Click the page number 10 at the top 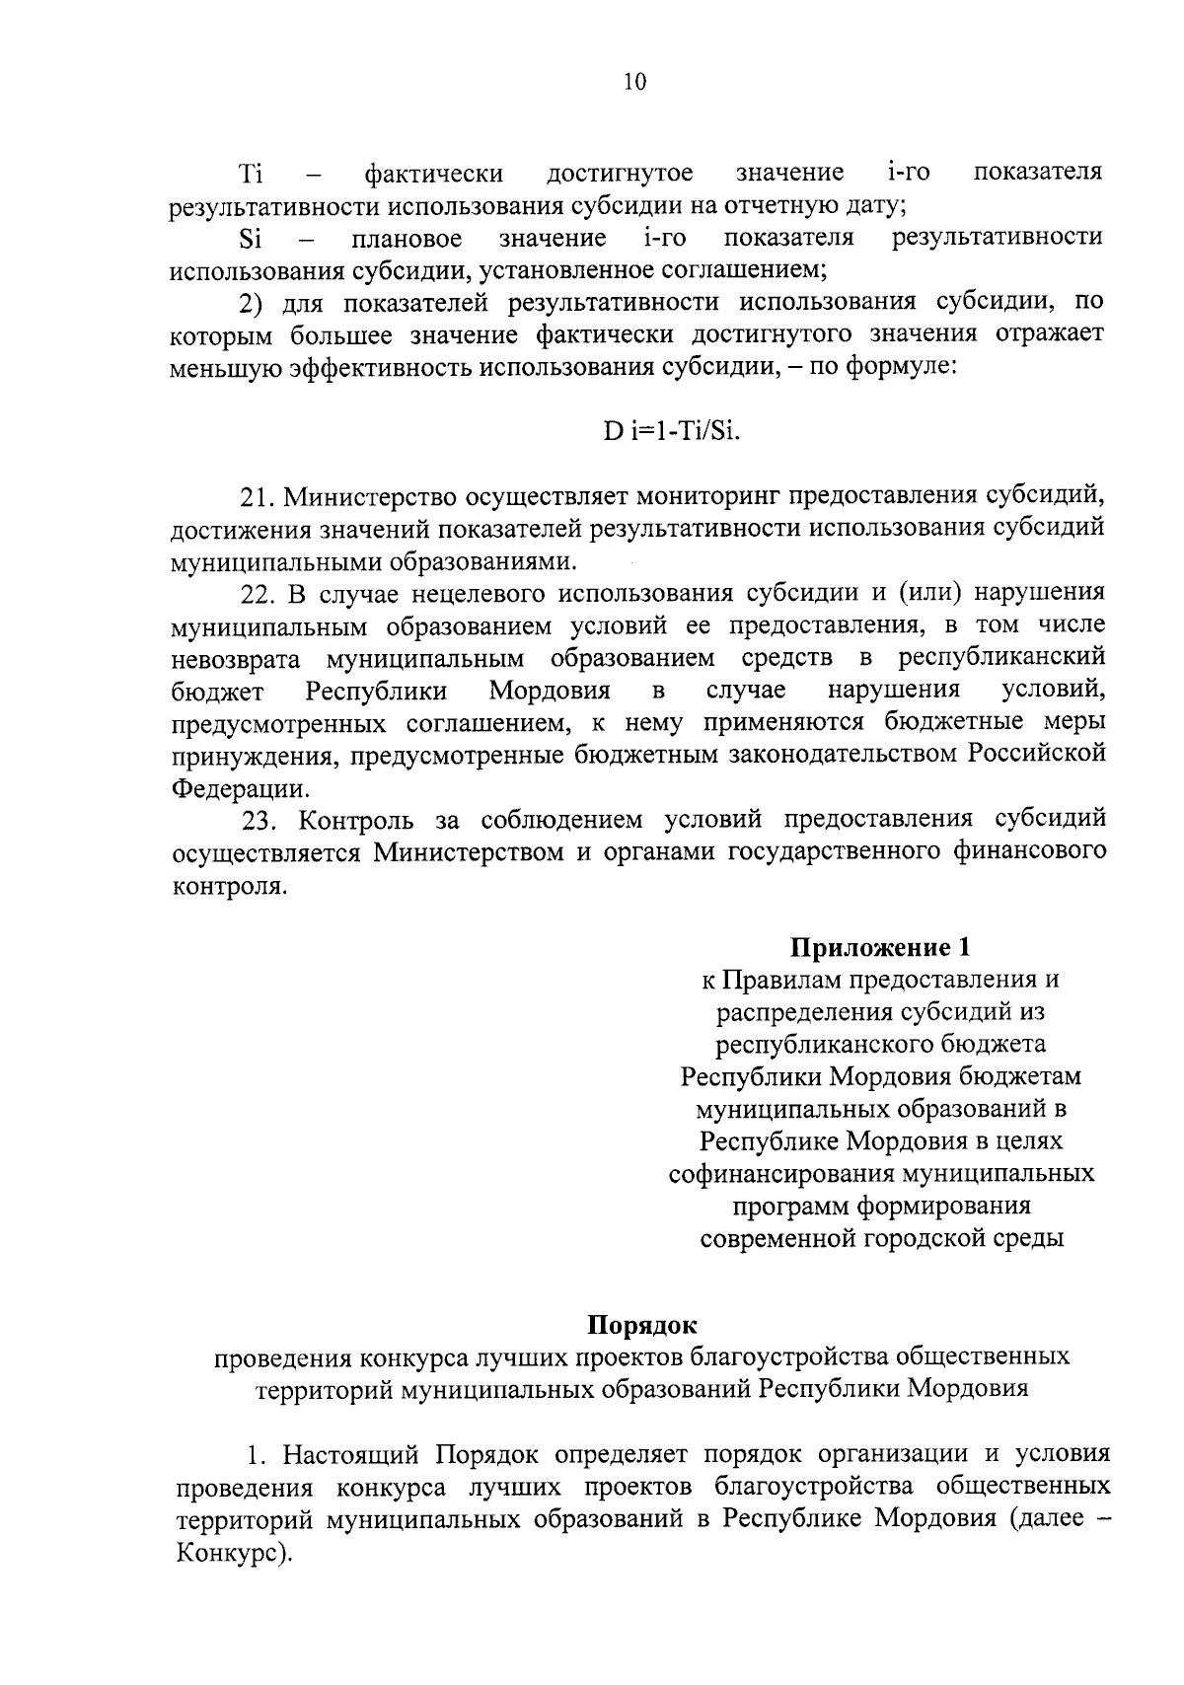click(634, 83)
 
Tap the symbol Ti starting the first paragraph click(251, 175)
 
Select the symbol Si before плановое click(250, 239)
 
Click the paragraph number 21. click(259, 495)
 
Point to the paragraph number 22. click(259, 593)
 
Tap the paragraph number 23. click(260, 820)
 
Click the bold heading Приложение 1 click(880, 948)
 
